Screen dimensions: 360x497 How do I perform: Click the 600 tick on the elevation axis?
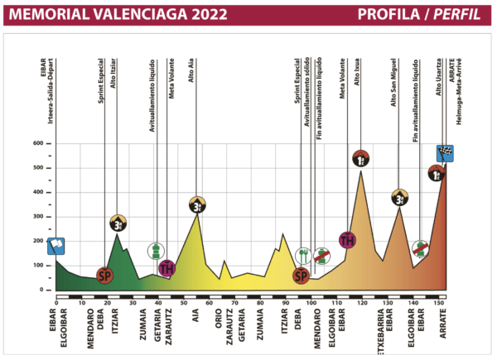[38, 143]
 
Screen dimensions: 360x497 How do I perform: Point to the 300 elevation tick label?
[38, 216]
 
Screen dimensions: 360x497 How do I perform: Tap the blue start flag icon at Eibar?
[56, 246]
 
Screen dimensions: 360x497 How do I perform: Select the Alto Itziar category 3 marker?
[118, 223]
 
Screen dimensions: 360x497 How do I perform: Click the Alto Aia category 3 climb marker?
[197, 204]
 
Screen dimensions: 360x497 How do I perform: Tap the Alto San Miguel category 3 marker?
[400, 197]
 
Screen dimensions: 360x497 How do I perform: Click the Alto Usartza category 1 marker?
[437, 173]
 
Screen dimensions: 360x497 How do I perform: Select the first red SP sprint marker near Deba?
[104, 275]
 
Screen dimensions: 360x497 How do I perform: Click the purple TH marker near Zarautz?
[167, 267]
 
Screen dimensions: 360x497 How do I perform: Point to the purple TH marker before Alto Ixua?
[348, 241]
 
